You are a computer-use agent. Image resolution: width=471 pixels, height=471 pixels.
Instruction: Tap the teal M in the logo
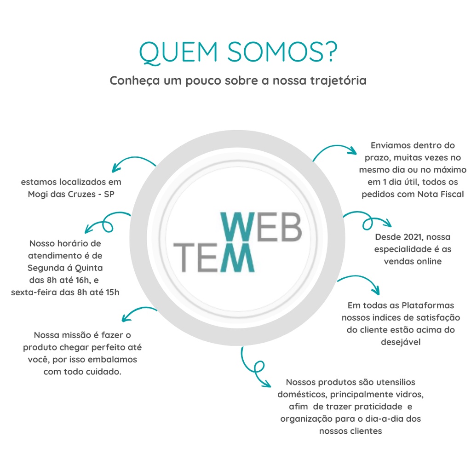click(237, 257)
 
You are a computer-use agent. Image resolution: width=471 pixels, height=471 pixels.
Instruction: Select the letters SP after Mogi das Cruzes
click(109, 194)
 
